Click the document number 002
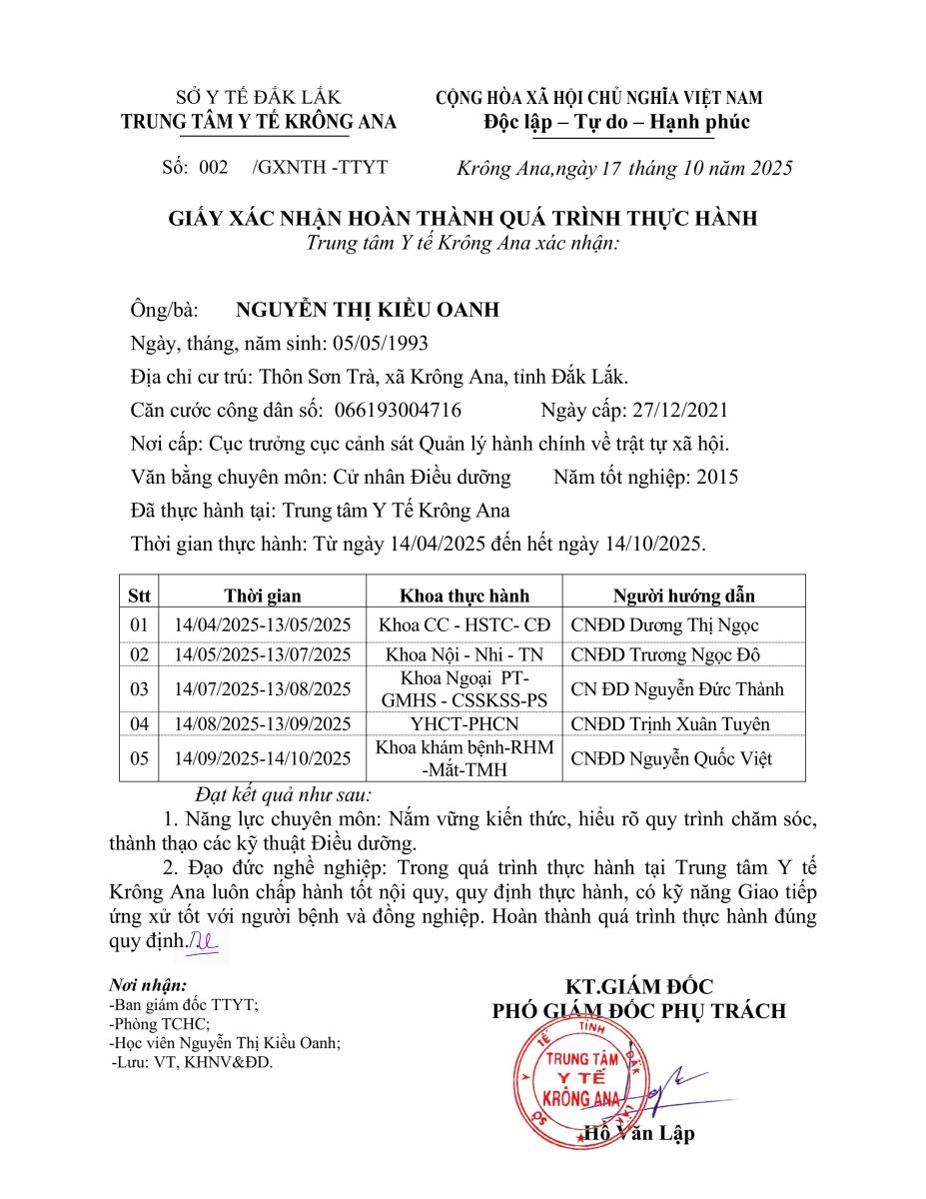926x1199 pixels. [214, 167]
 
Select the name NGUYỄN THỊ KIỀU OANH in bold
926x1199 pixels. [367, 310]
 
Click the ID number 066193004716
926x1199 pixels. [398, 410]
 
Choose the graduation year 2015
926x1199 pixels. [718, 477]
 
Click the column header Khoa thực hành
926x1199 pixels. [464, 596]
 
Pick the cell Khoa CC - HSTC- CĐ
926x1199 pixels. [464, 625]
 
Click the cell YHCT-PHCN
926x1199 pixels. [464, 724]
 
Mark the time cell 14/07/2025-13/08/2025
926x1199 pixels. [263, 689]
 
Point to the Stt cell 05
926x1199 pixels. [139, 759]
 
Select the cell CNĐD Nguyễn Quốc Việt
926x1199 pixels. [671, 759]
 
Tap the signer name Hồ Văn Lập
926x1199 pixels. [639, 1133]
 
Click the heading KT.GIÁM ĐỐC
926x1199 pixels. [639, 987]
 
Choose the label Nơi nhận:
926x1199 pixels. [148, 985]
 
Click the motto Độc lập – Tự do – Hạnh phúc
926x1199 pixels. [615, 122]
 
